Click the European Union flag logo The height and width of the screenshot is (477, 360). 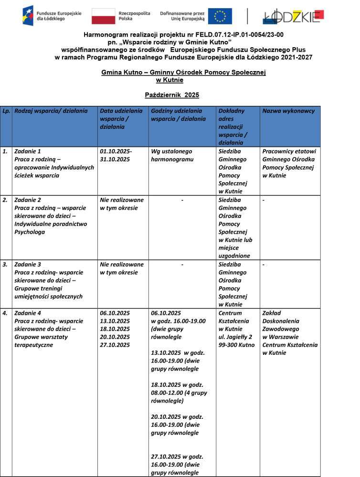coord(220,16)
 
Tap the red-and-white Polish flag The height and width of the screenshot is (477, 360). coord(103,16)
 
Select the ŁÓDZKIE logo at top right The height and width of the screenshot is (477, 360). coord(293,16)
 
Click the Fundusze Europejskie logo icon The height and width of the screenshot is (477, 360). coord(28,16)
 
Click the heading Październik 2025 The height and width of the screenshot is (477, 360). coord(172,95)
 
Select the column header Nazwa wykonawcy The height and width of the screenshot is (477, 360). coord(288,111)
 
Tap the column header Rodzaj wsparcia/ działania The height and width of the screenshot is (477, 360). coord(51,111)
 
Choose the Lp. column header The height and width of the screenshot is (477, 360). coord(6,111)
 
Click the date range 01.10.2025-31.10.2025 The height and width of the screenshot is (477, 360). coord(116,156)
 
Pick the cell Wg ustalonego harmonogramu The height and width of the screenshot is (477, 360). coord(172,156)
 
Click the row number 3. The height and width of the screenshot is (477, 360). coord(5,264)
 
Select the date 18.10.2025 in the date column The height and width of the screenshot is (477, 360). coord(115,329)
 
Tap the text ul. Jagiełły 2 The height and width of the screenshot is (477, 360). coord(236,337)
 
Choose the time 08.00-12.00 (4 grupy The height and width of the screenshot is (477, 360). coord(179,393)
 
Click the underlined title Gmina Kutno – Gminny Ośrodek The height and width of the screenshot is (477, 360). coord(183,72)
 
